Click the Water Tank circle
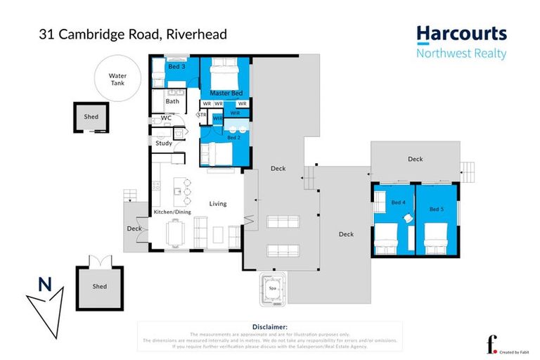[x=117, y=79]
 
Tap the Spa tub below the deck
[x=271, y=288]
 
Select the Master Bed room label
[x=226, y=93]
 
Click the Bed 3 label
[x=176, y=67]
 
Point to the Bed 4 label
[x=398, y=203]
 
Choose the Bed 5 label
[x=437, y=209]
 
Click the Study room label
[x=164, y=143]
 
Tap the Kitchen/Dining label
[x=172, y=212]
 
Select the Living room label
[x=218, y=204]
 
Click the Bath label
[x=172, y=101]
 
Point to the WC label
[x=167, y=117]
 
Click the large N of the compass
[x=45, y=285]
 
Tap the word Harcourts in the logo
[x=461, y=34]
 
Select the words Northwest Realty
[x=461, y=54]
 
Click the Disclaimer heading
[x=269, y=327]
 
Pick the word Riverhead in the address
[x=195, y=34]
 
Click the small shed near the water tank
[x=91, y=117]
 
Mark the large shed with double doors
[x=100, y=286]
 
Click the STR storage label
[x=202, y=114]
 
